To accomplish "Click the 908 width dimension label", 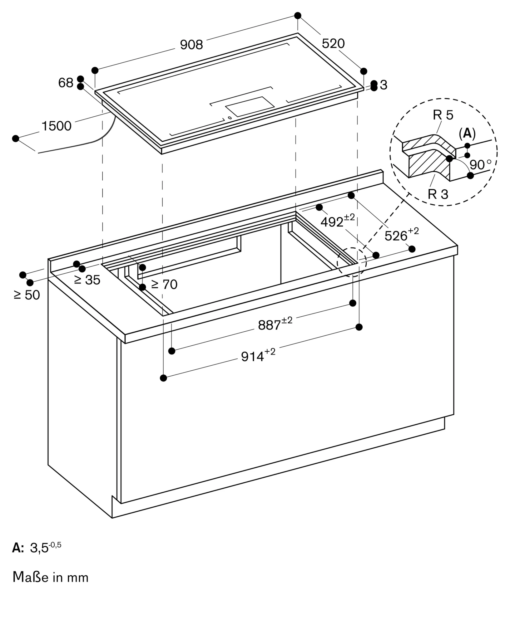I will pos(191,45).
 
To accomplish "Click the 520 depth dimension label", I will pos(333,44).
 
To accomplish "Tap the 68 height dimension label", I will pos(66,83).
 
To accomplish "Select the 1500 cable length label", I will pos(57,126).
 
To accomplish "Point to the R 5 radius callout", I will pos(443,115).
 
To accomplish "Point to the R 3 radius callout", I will pos(438,194).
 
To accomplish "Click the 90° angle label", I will pos(480,164).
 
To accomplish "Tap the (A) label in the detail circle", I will pos(467,134).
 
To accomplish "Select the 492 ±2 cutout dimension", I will pos(337,221).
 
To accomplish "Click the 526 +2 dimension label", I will pos(401,235).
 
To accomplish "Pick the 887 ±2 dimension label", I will pos(275,324).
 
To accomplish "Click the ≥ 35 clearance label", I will pos(87,280).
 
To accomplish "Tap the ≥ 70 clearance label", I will pos(164,284).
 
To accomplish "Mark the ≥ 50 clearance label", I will pos(27,295).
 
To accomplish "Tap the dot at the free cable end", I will pos(16,139).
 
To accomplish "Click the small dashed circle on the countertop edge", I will pos(352,262).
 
